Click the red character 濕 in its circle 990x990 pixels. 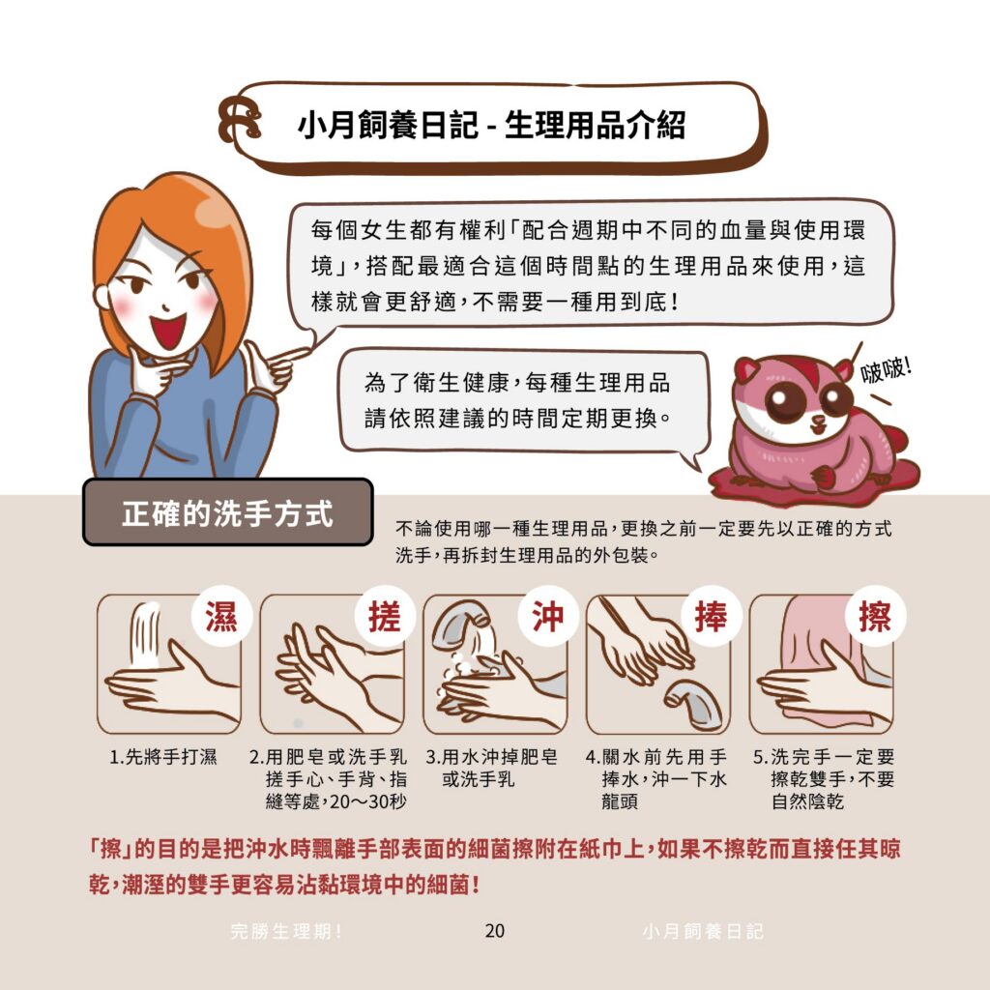221,616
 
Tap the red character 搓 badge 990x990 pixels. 385,616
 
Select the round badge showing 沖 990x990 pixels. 548,616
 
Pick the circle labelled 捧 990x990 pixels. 712,616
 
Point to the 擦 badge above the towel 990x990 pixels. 875,616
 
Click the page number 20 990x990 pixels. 495,930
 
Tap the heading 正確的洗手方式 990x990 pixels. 227,512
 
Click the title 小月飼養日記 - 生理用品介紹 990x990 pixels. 491,125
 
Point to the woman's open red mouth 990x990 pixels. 168,330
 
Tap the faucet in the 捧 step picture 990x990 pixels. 694,704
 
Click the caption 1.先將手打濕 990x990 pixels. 162,756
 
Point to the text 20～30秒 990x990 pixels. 368,801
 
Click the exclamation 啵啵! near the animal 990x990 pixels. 887,369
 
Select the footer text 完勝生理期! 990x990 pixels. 286,931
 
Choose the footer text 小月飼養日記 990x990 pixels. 703,931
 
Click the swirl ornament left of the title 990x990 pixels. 240,121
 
